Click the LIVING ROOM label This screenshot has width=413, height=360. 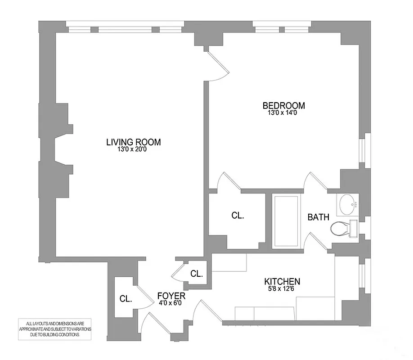133,142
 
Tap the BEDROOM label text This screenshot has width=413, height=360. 283,106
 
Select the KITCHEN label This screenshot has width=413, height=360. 282,282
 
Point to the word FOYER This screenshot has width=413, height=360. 171,296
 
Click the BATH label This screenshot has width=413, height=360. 318,217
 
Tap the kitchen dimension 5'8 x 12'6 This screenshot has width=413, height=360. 282,289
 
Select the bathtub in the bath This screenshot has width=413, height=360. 286,220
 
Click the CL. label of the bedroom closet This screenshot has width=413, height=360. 238,216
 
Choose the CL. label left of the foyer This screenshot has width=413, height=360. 126,298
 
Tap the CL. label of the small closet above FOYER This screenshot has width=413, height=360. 196,274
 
